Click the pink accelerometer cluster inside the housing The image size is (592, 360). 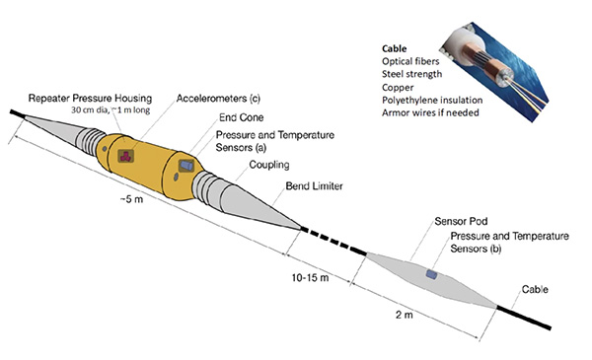(x=125, y=156)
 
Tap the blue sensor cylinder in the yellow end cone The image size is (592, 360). (x=186, y=166)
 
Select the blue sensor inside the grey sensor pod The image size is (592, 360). (x=431, y=274)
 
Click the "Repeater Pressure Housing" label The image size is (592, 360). (x=90, y=98)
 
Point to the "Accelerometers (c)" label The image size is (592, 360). (x=218, y=98)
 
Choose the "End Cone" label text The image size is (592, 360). (x=242, y=117)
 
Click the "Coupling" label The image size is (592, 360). (x=269, y=165)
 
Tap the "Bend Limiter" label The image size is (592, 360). (x=314, y=186)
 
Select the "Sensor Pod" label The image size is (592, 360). (x=461, y=221)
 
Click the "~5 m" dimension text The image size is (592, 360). (x=132, y=199)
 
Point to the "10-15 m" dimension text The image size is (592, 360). (x=310, y=278)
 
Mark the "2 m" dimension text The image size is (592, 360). (x=404, y=315)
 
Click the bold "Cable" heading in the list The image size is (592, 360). (x=394, y=48)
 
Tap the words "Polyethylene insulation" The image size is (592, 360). (x=432, y=100)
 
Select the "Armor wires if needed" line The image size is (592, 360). (x=430, y=112)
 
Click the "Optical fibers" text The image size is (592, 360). (x=410, y=61)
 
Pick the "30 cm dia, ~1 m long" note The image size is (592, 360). (x=111, y=110)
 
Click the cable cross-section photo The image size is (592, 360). (x=494, y=72)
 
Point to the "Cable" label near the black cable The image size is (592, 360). (x=535, y=289)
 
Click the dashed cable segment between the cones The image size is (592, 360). (x=333, y=241)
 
